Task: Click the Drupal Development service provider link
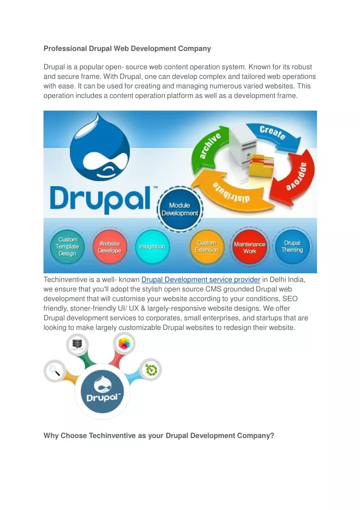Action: pyautogui.click(x=201, y=280)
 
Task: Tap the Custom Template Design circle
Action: pyautogui.click(x=67, y=247)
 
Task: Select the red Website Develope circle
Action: pyautogui.click(x=109, y=247)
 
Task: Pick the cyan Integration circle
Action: pyautogui.click(x=152, y=247)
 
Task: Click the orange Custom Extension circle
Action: pyautogui.click(x=206, y=247)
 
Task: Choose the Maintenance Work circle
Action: pyautogui.click(x=249, y=247)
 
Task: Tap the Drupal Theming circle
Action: pyautogui.click(x=292, y=246)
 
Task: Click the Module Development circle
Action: pyautogui.click(x=179, y=209)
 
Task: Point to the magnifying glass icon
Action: pyautogui.click(x=54, y=370)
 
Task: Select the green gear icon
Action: pyautogui.click(x=151, y=370)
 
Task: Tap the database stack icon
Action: pyautogui.click(x=77, y=344)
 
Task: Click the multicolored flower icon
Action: pyautogui.click(x=124, y=343)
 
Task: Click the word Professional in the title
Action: pyautogui.click(x=65, y=49)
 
